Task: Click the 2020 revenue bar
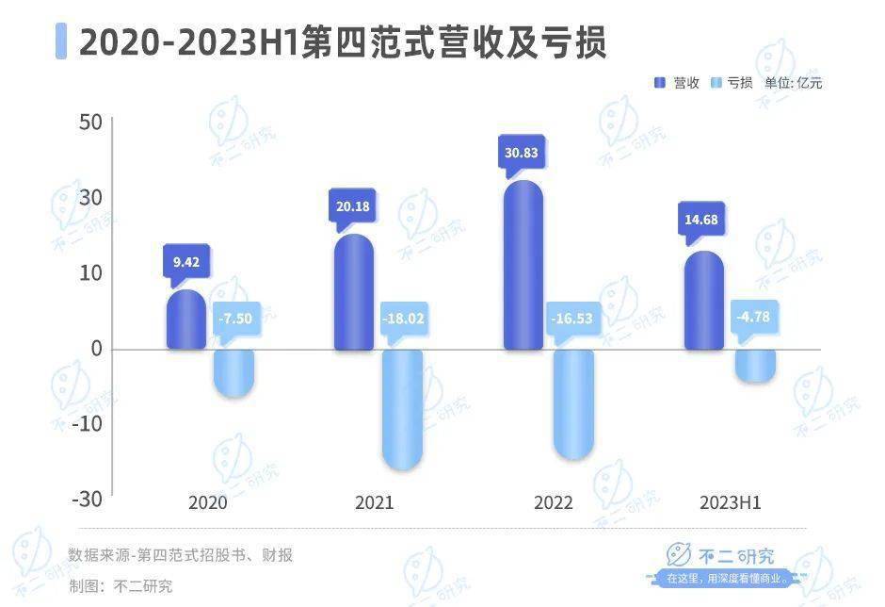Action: (x=186, y=320)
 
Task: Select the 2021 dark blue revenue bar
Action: (x=354, y=293)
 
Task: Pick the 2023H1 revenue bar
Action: (x=704, y=302)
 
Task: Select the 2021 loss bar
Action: (x=402, y=409)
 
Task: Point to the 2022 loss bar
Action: (x=572, y=404)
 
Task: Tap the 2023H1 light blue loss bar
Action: (x=755, y=365)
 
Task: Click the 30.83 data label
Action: (x=523, y=154)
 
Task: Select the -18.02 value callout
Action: (x=403, y=319)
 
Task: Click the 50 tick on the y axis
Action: (x=90, y=123)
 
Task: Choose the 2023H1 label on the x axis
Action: (x=730, y=503)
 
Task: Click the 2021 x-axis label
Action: (x=374, y=503)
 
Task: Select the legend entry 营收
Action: (x=678, y=83)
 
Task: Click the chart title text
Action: (x=343, y=43)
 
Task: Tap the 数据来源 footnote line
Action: (x=180, y=555)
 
